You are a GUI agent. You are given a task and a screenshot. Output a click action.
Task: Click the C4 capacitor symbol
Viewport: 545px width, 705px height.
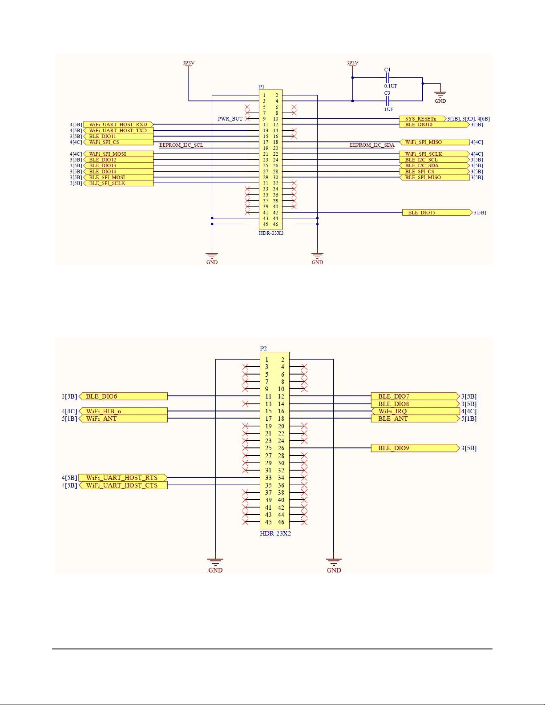[x=388, y=77]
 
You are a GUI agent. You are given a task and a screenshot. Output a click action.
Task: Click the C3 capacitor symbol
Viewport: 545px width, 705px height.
[x=388, y=101]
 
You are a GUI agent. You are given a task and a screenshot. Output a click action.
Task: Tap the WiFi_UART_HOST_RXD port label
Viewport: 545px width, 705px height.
[x=118, y=125]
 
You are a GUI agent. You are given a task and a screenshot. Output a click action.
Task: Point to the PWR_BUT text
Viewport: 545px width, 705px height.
[x=230, y=119]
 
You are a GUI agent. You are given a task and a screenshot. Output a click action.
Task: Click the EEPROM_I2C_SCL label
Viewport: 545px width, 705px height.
[x=181, y=145]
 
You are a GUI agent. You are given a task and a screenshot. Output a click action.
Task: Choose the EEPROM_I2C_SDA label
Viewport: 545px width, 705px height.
[x=372, y=145]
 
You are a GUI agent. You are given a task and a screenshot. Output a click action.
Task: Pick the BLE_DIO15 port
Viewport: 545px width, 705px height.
[x=436, y=213]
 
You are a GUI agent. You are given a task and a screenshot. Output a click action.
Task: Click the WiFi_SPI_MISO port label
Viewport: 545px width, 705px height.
[x=435, y=142]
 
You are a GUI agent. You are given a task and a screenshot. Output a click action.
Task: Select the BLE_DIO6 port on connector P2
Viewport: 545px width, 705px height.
[x=123, y=396]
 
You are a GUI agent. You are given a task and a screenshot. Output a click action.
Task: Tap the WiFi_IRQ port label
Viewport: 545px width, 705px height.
[x=416, y=411]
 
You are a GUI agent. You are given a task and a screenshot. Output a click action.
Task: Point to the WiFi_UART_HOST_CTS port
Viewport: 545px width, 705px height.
[x=123, y=485]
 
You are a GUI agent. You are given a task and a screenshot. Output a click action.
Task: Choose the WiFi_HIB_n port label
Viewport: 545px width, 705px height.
[x=123, y=411]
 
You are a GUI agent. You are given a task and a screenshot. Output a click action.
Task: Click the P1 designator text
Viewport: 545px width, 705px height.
[x=262, y=87]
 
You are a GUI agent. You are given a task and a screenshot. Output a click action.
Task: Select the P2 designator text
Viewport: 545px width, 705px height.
[x=263, y=349]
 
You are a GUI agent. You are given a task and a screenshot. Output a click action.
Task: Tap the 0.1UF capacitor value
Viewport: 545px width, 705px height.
[x=391, y=86]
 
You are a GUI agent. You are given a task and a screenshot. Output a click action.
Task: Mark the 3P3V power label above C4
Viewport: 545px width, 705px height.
[x=352, y=63]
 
